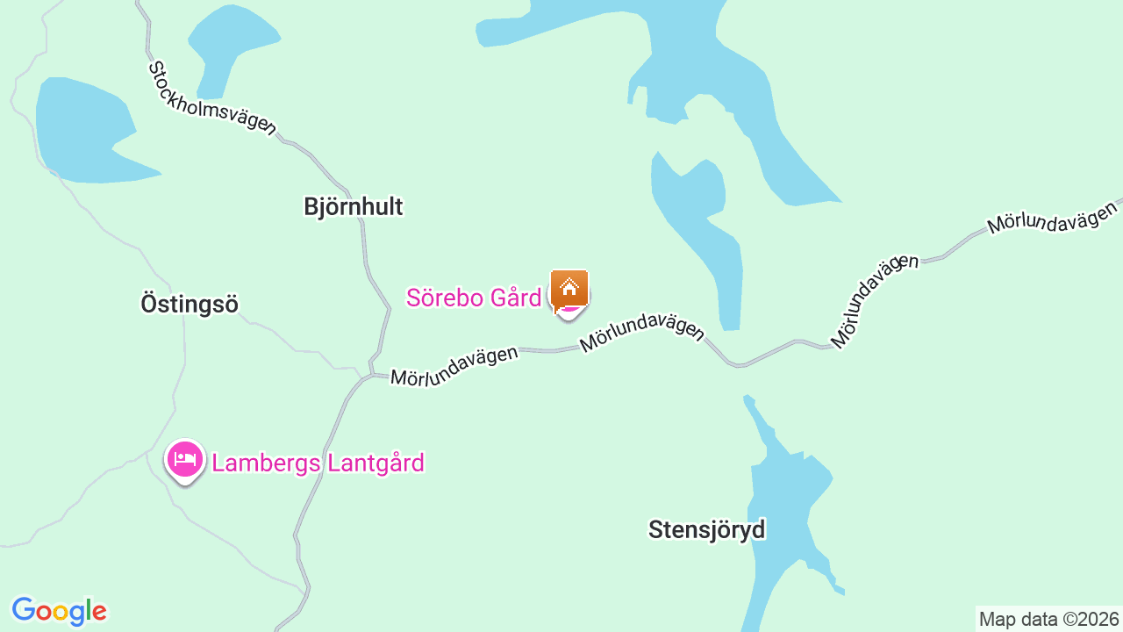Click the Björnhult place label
(x=353, y=206)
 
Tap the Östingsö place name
(x=190, y=304)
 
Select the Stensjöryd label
(x=706, y=529)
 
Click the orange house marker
(x=569, y=288)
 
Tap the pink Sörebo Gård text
(x=474, y=298)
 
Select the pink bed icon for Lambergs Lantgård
(x=185, y=459)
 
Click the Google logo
(x=59, y=611)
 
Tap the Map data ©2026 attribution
(x=1048, y=619)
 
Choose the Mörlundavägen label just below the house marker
(x=641, y=333)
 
